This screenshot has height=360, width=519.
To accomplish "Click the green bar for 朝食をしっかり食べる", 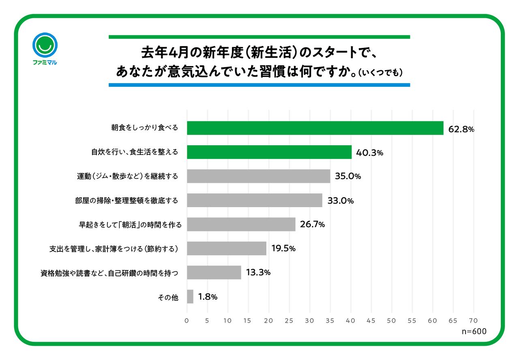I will (315, 128).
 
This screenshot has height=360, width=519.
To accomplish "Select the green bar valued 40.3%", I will (269, 152).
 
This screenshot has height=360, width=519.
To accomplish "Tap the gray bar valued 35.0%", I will (258, 176).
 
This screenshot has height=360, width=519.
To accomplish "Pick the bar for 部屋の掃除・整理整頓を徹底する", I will (254, 200).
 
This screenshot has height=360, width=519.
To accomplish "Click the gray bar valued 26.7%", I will (241, 224).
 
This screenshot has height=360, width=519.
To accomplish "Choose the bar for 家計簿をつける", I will (227, 249).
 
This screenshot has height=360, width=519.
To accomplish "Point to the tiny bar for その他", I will (190, 296).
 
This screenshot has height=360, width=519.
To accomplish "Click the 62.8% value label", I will (461, 129).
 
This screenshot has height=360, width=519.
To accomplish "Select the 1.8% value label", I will (208, 297).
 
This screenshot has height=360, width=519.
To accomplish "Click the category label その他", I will (168, 297).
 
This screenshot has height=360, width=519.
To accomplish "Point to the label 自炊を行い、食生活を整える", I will (135, 152).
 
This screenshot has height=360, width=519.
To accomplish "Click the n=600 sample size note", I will (474, 331).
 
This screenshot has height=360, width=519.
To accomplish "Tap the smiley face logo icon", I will (45, 45).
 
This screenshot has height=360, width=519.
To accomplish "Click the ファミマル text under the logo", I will (45, 62).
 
